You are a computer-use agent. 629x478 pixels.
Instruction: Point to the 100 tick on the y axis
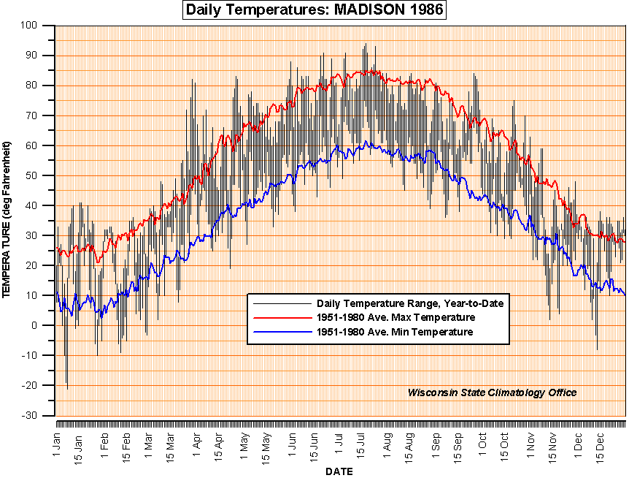[41, 26]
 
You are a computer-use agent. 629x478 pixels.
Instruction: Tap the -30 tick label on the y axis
[41, 415]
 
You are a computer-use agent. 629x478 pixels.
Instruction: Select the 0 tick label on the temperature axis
[44, 325]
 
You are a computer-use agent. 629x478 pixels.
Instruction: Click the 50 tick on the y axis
[42, 175]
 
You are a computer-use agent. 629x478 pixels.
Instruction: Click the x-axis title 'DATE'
[339, 471]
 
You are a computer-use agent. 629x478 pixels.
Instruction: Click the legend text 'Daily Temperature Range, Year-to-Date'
[410, 303]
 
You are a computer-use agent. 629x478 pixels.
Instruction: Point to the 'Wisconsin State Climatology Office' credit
[492, 392]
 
